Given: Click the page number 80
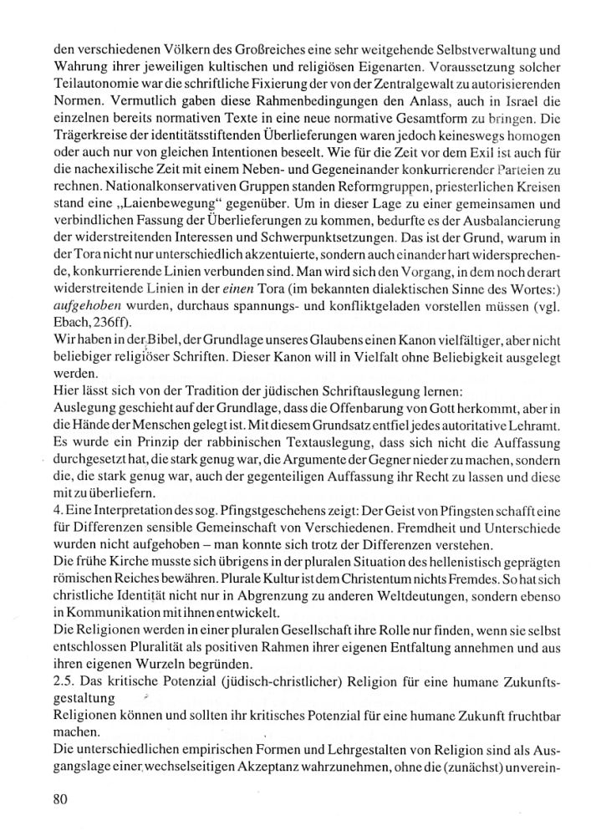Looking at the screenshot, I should click(x=59, y=798).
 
